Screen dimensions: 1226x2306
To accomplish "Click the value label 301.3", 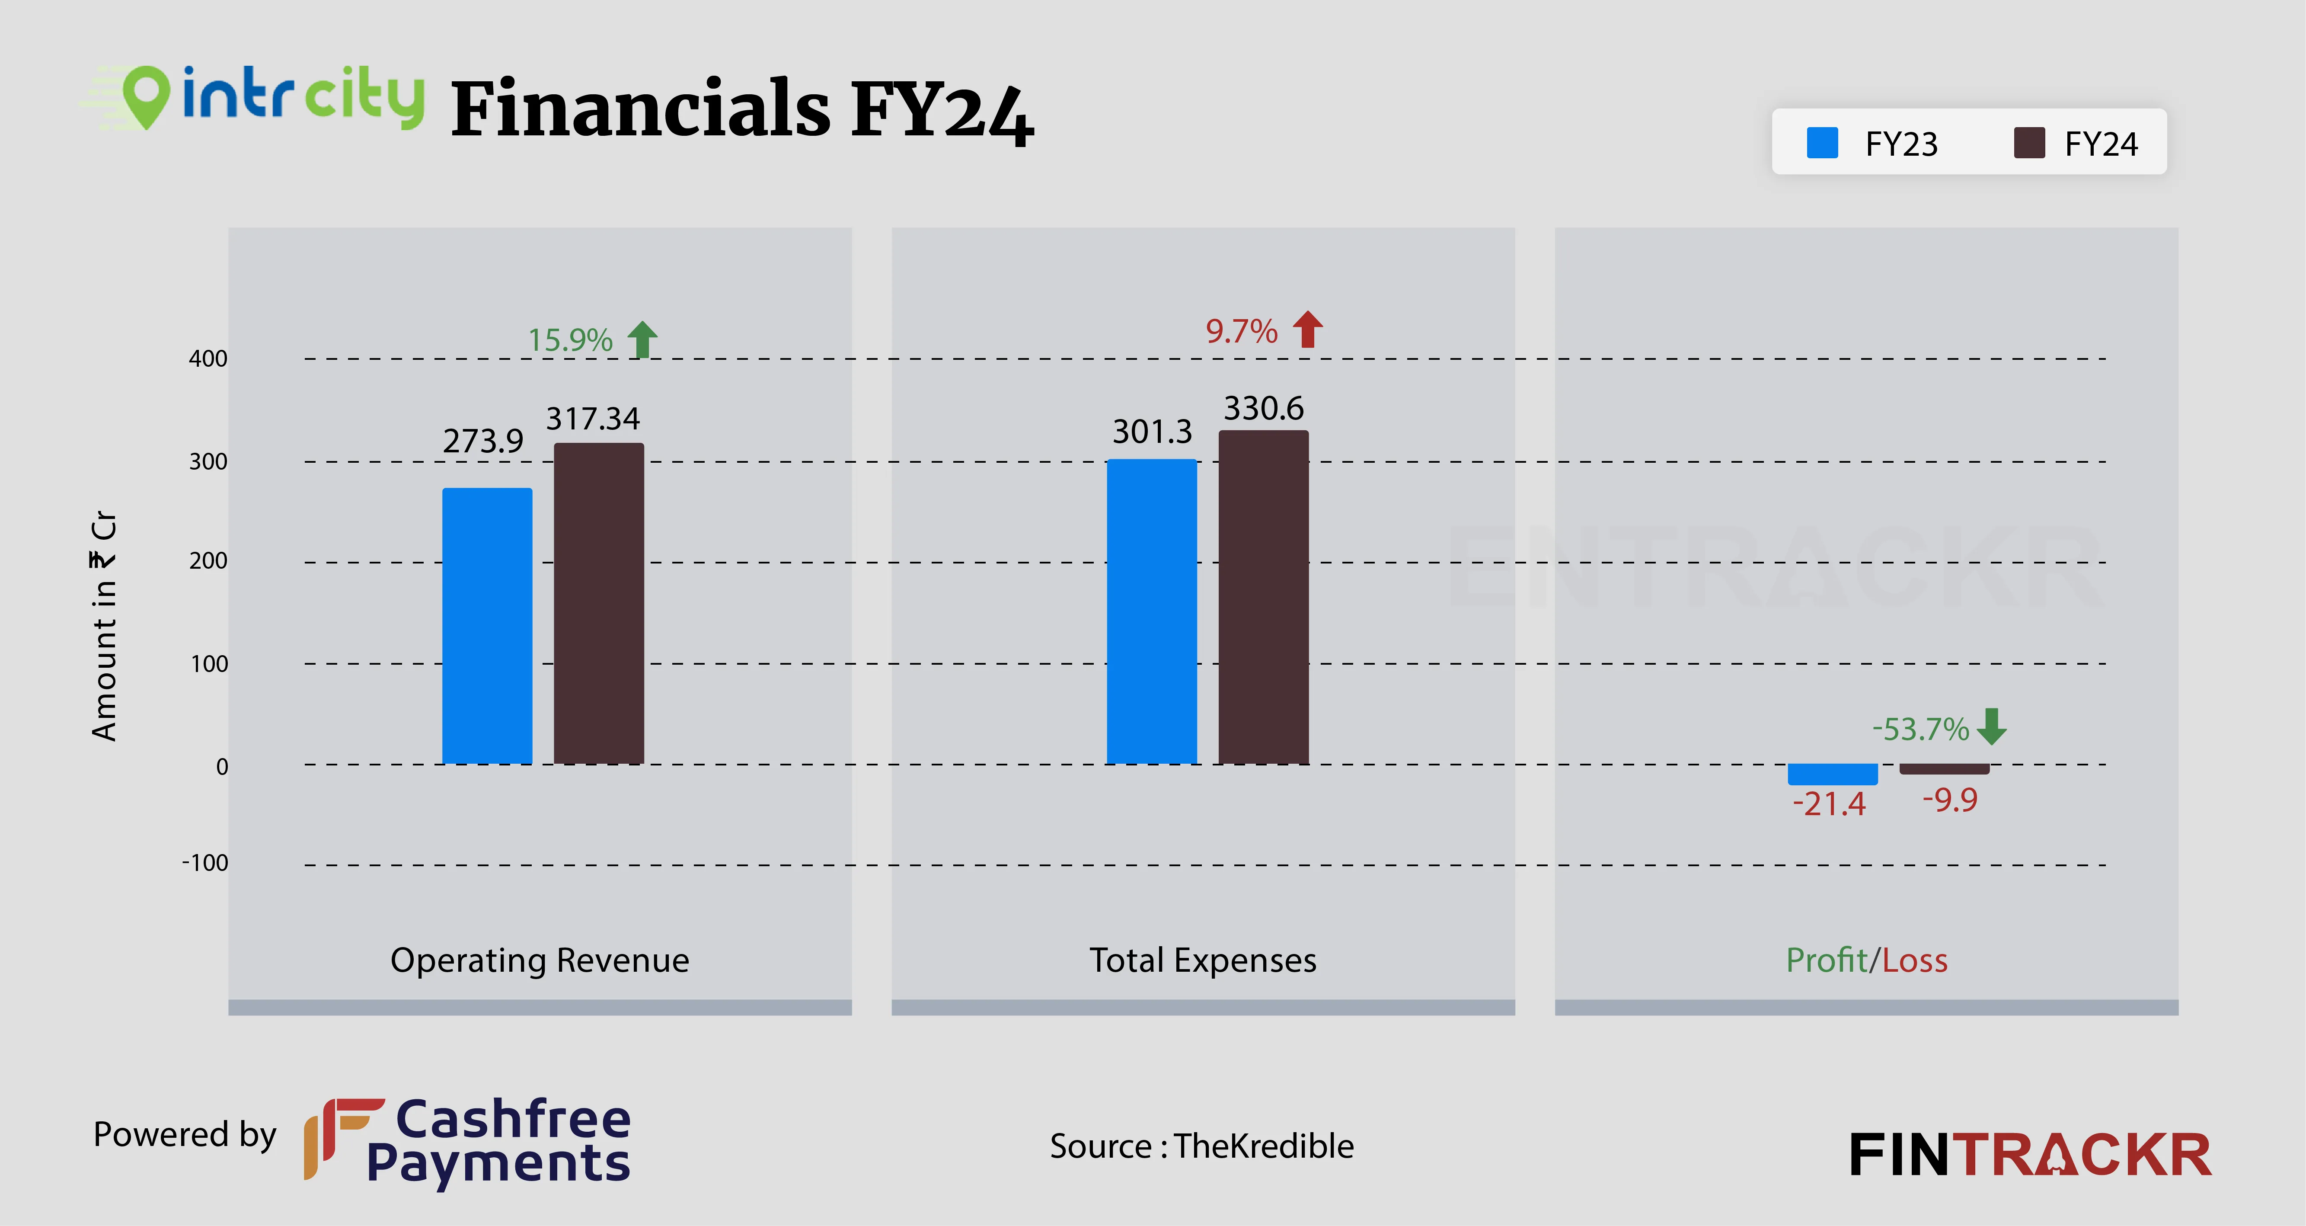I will [1152, 432].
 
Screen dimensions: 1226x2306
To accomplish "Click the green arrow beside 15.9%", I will [642, 339].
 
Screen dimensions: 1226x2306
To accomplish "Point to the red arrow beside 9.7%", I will [1308, 330].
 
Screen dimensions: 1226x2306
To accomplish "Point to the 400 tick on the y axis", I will [208, 359].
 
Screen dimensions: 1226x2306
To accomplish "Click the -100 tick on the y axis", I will [205, 863].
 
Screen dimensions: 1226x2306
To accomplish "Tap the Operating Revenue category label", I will [540, 960].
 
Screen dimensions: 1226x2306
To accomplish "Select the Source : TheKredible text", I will [1201, 1146].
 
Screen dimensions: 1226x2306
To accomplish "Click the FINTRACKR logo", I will [2029, 1155].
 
